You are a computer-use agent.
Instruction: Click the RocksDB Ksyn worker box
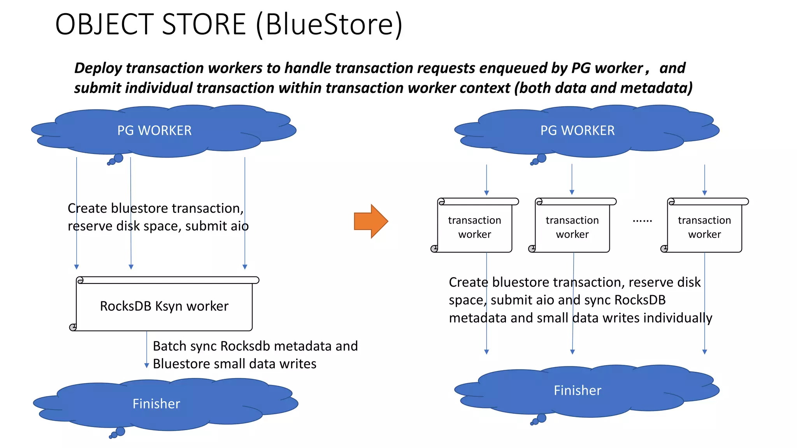[x=164, y=306]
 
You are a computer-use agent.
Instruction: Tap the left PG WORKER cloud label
[x=154, y=131]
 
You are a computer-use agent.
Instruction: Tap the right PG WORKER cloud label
[x=578, y=131]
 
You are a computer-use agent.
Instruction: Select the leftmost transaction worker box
[x=474, y=227]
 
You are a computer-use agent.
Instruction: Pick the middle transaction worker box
[x=572, y=227]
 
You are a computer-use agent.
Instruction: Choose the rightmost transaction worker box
[x=704, y=227]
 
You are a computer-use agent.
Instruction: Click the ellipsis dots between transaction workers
[x=642, y=221]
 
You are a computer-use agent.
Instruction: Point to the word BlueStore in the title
[x=329, y=24]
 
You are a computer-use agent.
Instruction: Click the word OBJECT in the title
[x=104, y=24]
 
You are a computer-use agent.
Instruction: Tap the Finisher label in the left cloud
[x=156, y=404]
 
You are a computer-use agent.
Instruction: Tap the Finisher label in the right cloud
[x=578, y=390]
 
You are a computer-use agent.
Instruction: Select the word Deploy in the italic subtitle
[x=98, y=68]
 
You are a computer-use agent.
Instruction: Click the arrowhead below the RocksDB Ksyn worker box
[x=147, y=366]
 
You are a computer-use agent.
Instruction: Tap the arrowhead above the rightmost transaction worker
[x=704, y=193]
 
